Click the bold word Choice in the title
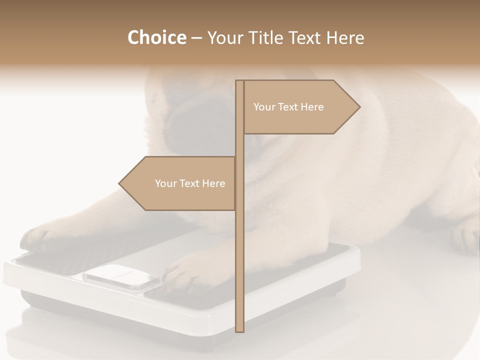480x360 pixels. (156, 37)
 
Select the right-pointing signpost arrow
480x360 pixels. (300, 107)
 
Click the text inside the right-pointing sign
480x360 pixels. (288, 107)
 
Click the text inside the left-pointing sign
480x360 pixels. (190, 183)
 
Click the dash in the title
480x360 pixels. (196, 38)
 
